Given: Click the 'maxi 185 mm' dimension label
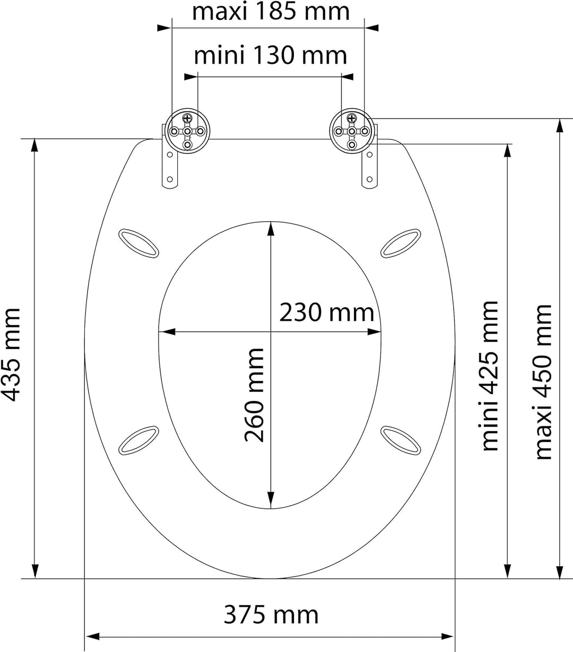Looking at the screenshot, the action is pos(271,12).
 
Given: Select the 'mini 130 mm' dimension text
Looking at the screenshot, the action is pos(271,55).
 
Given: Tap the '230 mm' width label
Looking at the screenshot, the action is pos(326,312).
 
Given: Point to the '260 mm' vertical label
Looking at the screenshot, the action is pos(254,395).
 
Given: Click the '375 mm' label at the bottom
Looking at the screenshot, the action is pos(271,615).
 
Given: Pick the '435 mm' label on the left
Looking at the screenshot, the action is pos(11,355).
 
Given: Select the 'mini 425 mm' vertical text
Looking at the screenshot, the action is pos(489,376).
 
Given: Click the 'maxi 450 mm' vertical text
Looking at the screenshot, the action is pos(543,382).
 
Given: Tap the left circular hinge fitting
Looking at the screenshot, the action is pos(187,131).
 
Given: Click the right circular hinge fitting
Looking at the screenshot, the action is pos(352,131).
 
